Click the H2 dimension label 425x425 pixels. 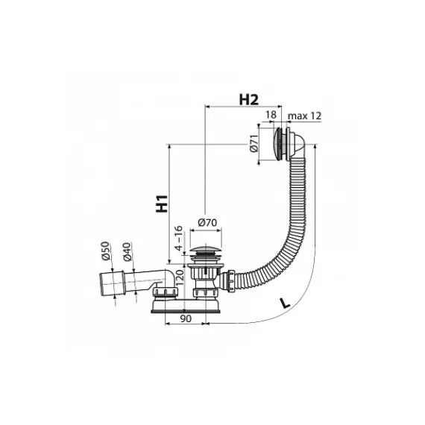tap(248, 99)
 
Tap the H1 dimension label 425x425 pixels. tap(162, 204)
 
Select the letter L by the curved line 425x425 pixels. tap(284, 303)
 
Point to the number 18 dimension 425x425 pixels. tap(271, 115)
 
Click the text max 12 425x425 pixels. tap(304, 116)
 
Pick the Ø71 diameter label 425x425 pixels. tap(254, 143)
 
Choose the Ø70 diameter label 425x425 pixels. tap(207, 222)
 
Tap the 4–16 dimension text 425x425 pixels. tap(178, 239)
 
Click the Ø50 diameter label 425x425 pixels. tap(105, 251)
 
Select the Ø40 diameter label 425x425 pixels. tap(127, 251)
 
